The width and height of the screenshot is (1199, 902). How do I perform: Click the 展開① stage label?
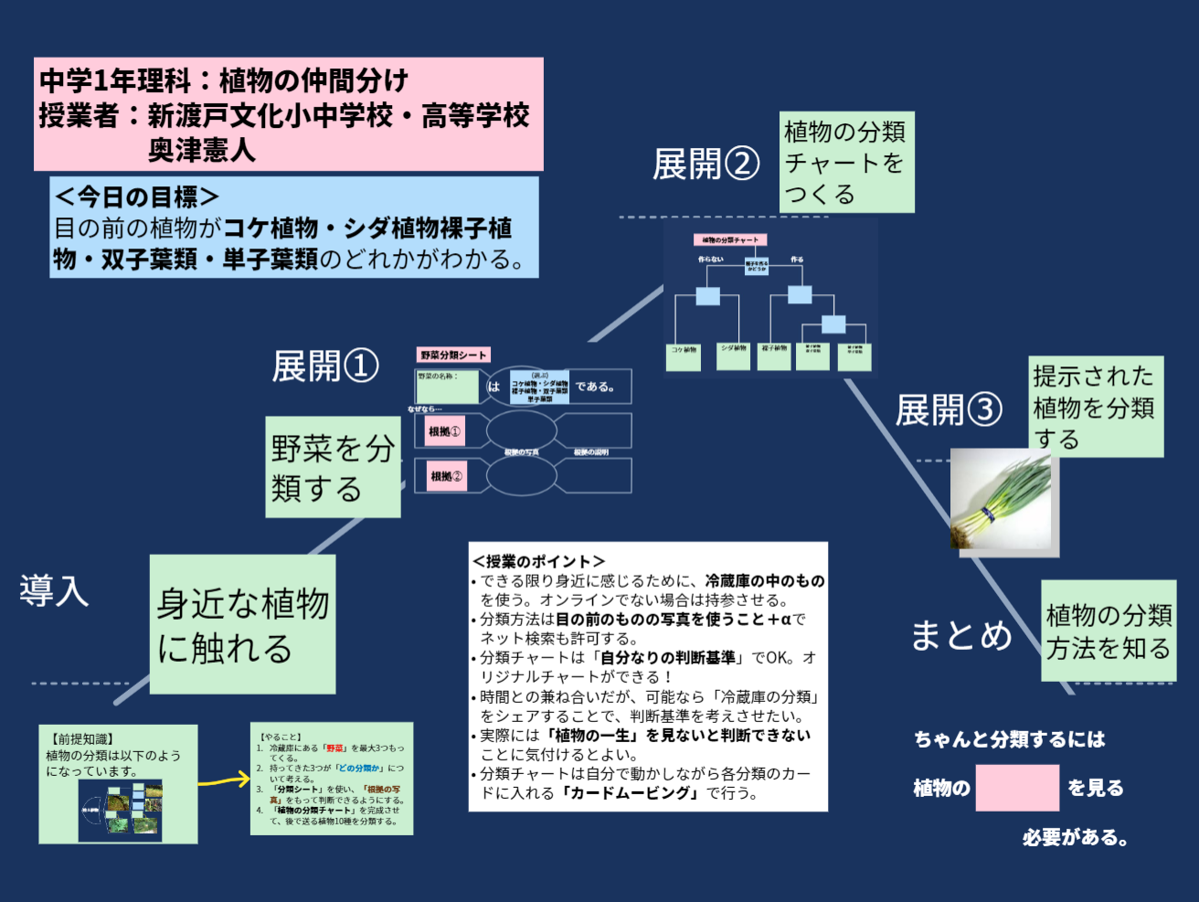[324, 366]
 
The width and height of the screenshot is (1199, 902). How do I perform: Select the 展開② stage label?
[706, 164]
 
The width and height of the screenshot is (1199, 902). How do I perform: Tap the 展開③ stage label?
[948, 410]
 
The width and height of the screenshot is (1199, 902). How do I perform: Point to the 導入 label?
[54, 590]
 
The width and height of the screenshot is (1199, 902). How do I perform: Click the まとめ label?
[961, 634]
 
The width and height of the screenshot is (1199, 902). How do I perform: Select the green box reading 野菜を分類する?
[333, 467]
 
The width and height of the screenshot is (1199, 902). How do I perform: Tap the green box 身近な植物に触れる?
[242, 624]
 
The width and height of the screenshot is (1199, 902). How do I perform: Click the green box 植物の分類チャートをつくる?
[846, 163]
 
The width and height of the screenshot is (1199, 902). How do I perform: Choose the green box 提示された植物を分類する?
[1095, 407]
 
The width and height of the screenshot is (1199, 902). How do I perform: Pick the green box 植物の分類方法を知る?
[1108, 631]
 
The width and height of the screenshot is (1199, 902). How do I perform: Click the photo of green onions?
[1003, 502]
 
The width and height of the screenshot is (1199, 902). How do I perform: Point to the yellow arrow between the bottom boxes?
[224, 780]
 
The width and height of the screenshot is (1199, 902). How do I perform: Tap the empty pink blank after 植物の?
[1016, 788]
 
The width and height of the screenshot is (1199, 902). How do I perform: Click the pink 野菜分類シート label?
[453, 355]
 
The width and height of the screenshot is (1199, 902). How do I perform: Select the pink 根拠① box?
[445, 431]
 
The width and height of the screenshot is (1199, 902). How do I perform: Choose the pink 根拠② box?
[446, 476]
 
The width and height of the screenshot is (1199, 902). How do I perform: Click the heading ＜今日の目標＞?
[136, 196]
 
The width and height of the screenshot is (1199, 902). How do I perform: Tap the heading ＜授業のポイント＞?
[538, 561]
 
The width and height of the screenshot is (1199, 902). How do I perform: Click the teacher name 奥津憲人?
[201, 150]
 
